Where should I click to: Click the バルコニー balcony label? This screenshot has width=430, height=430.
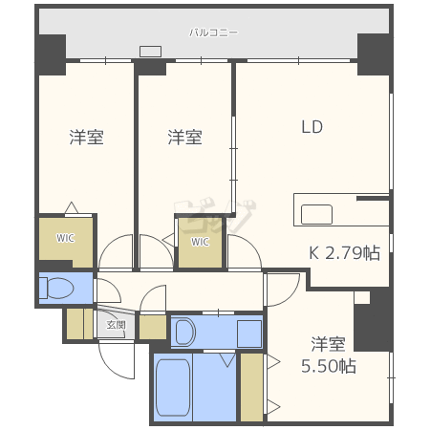[x=213, y=32]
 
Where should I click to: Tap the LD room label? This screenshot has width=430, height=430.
[x=312, y=126]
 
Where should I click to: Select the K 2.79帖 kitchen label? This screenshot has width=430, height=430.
[x=343, y=253]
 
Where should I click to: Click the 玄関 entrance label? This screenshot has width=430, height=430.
[x=116, y=325]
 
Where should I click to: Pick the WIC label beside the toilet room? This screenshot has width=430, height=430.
[x=65, y=238]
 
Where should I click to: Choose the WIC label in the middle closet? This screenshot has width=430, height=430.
[x=200, y=242]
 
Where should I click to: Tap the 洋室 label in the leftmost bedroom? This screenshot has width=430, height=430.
[x=86, y=138]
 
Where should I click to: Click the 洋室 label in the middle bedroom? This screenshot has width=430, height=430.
[x=184, y=138]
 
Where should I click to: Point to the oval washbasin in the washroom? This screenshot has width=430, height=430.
[x=186, y=332]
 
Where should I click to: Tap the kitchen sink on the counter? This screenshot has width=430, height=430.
[x=316, y=215]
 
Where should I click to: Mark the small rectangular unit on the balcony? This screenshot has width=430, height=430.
[x=150, y=52]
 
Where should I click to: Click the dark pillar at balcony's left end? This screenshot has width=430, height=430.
[x=51, y=53]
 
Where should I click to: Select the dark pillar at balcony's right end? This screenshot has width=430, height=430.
[x=374, y=53]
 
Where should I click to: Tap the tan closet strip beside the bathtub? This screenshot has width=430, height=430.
[x=251, y=386]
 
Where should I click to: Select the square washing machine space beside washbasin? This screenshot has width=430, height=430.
[x=248, y=333]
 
